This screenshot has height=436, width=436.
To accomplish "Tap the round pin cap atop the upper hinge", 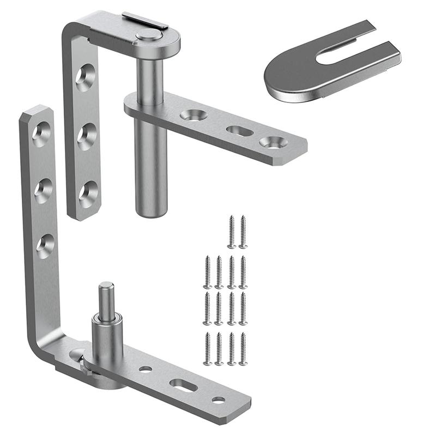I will point(148,35).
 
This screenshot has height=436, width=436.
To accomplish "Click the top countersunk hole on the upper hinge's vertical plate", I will point(85,77).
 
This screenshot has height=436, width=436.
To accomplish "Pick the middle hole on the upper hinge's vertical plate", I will point(86,136).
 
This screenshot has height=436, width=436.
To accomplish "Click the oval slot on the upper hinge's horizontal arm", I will point(239,131).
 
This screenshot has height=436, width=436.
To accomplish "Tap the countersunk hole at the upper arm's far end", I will point(272,143).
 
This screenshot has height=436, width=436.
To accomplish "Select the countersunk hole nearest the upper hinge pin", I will point(193,115).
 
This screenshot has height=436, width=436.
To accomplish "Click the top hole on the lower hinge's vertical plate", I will point(41,134).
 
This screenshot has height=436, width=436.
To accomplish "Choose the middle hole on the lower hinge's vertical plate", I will point(44,190).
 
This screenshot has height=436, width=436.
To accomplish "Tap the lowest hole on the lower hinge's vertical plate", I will point(46,246).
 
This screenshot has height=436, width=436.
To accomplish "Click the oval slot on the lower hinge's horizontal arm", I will point(183,385).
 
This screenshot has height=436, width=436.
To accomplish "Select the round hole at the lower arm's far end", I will point(219,400).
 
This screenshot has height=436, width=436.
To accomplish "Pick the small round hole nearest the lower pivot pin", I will point(146,369).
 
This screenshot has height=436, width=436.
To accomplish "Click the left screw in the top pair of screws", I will point(232,232).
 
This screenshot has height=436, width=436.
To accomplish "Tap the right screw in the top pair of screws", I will point(243,232).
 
